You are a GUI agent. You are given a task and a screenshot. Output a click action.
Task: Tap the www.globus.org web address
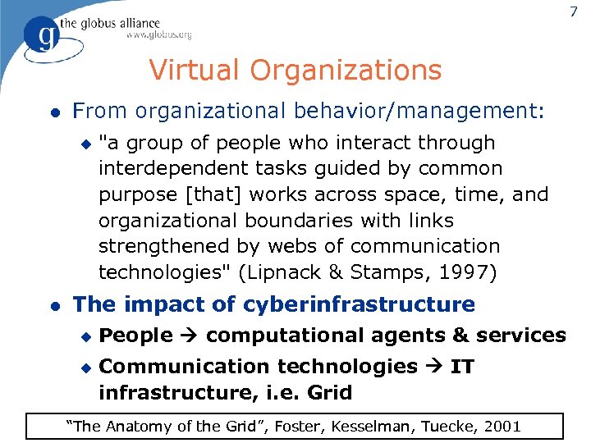click(x=158, y=34)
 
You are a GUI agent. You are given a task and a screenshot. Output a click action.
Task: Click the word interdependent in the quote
click(x=164, y=168)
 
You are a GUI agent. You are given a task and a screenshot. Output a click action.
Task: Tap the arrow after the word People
click(x=189, y=336)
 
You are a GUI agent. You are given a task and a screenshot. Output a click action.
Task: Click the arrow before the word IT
click(x=435, y=367)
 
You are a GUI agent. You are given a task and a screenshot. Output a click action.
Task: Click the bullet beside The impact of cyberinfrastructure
click(x=53, y=305)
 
